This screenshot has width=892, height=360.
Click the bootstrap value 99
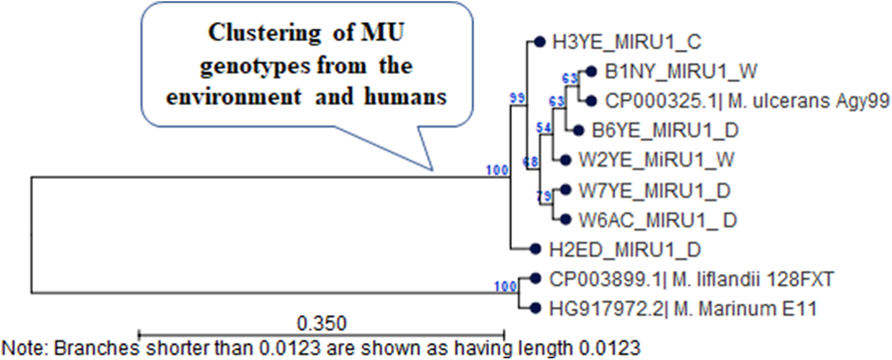(x=517, y=98)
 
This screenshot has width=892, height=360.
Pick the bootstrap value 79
(x=544, y=194)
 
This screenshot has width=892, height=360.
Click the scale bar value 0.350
(x=320, y=322)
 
